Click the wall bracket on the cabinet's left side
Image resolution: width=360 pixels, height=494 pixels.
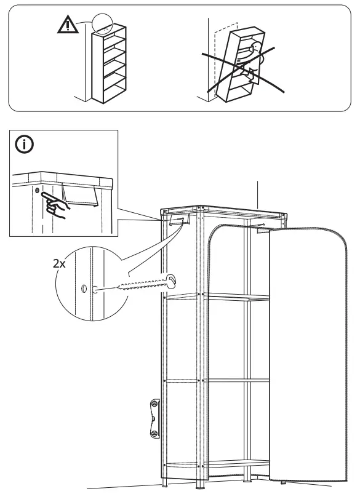(153, 418)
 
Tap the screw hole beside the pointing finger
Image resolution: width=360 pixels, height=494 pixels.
(38, 193)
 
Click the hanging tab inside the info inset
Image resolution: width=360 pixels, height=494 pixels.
(79, 197)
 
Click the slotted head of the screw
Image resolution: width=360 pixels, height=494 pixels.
(173, 281)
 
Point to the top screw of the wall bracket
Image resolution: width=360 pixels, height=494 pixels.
(153, 404)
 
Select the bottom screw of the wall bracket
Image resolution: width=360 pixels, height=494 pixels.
(153, 433)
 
